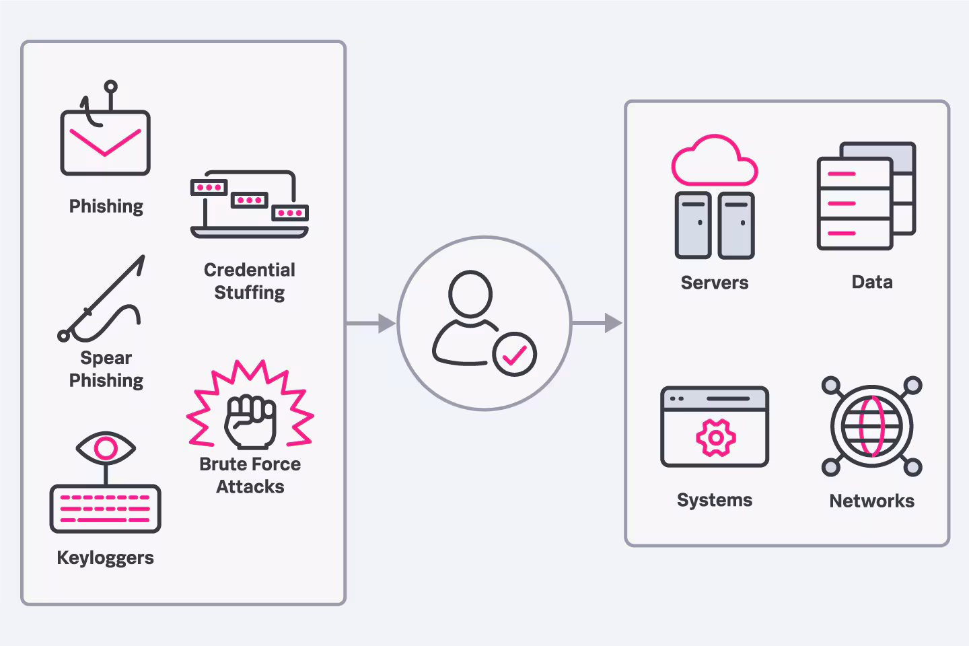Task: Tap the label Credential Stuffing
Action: tap(250, 281)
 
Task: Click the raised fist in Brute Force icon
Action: tap(250, 421)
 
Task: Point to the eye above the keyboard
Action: tap(106, 447)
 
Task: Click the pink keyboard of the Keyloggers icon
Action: tap(105, 509)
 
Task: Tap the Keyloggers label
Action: tap(105, 558)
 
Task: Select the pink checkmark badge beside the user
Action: tap(514, 354)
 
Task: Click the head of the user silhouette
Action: tap(470, 293)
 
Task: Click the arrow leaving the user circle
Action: tap(598, 324)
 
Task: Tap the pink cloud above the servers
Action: tap(714, 161)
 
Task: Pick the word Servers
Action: tap(714, 283)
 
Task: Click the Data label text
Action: tap(872, 282)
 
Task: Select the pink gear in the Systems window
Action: tap(715, 438)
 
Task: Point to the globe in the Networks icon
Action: tap(871, 426)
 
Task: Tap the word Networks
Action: tap(871, 501)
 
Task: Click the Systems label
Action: tap(715, 500)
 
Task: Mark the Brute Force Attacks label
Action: tap(250, 475)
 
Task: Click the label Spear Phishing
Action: tap(106, 369)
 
